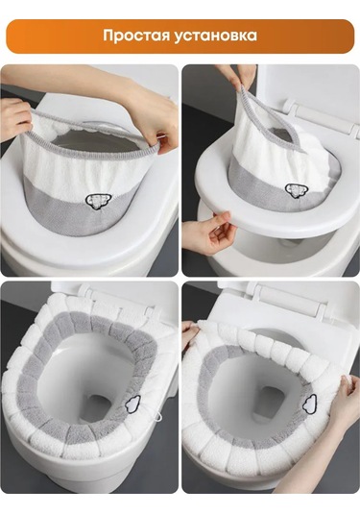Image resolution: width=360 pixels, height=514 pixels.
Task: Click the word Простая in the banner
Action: click(x=135, y=36)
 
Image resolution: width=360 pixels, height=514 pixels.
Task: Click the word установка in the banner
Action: click(x=215, y=37)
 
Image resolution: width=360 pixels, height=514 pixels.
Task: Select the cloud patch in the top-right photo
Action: click(x=294, y=191)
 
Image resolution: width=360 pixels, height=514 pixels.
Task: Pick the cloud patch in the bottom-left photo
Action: click(x=133, y=403)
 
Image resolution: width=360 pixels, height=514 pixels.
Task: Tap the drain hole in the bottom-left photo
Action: click(x=100, y=408)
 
